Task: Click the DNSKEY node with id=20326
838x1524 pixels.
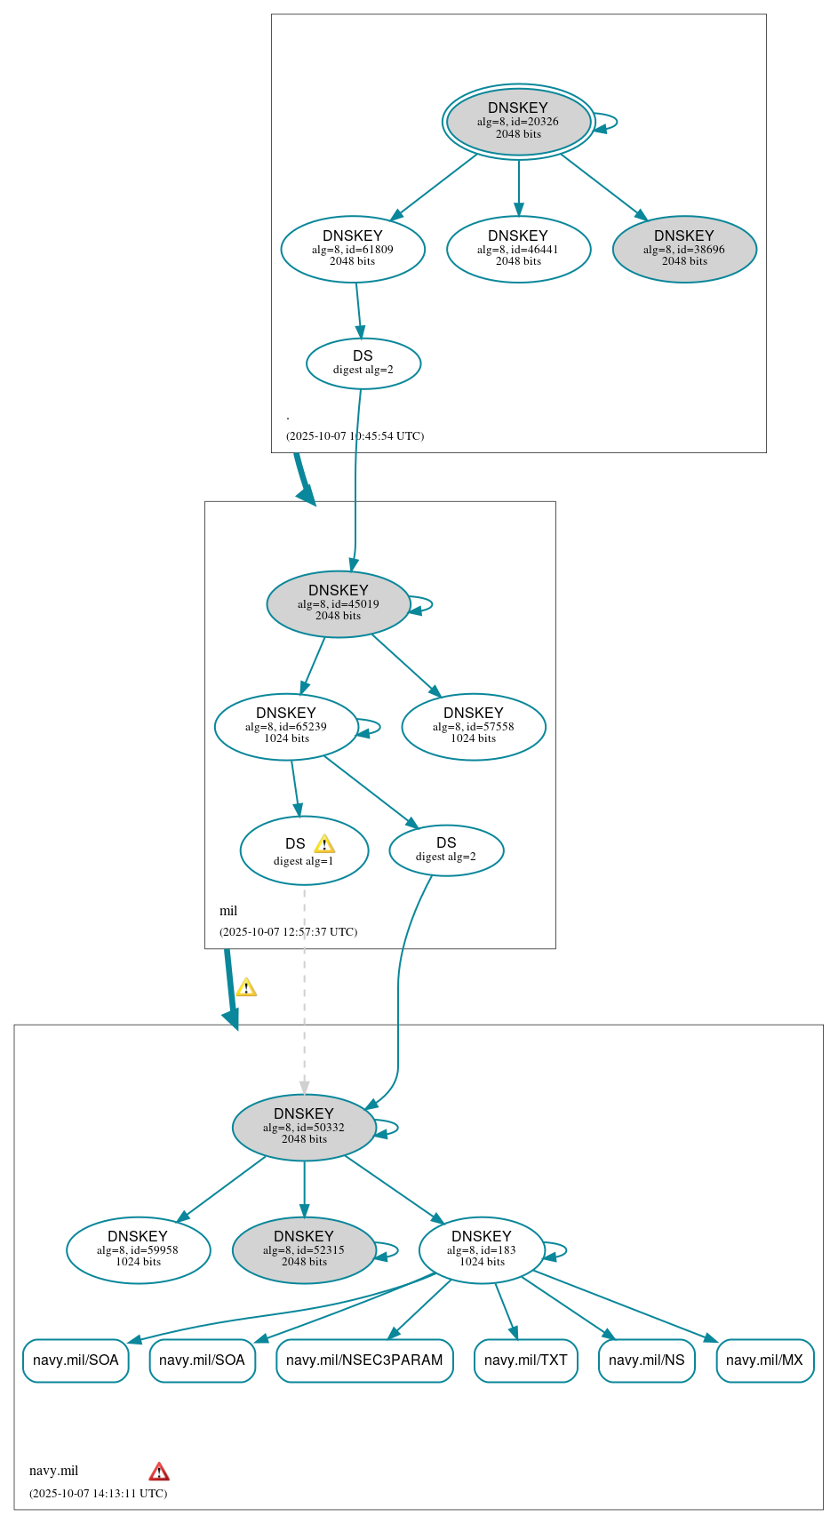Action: (518, 122)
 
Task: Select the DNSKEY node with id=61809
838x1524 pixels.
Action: (353, 249)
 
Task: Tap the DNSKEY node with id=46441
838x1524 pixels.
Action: (518, 249)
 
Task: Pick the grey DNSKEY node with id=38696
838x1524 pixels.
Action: (684, 249)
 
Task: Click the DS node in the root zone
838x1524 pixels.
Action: (363, 363)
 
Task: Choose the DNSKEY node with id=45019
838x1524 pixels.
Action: (338, 603)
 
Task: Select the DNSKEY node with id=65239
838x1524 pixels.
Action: (286, 726)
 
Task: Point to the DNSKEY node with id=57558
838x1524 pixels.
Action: (473, 726)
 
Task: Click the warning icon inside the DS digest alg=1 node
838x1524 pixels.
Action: (324, 844)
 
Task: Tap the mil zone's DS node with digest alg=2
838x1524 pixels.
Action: (446, 850)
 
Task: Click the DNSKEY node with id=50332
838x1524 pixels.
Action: (304, 1127)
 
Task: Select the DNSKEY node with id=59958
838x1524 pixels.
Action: (138, 1249)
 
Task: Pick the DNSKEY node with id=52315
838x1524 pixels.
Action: (304, 1249)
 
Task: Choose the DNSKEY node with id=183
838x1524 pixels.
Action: (482, 1249)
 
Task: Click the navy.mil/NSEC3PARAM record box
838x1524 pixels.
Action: (364, 1360)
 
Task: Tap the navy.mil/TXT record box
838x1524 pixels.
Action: (526, 1360)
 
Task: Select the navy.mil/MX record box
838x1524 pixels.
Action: (764, 1360)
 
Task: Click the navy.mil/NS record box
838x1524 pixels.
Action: (647, 1360)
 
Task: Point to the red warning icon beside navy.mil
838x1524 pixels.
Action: (159, 1472)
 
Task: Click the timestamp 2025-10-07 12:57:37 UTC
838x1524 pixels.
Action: (289, 931)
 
